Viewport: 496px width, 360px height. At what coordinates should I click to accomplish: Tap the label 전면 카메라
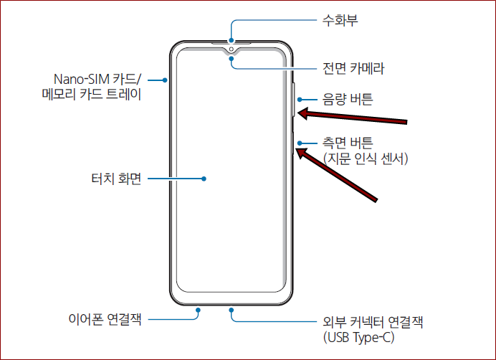click(354, 69)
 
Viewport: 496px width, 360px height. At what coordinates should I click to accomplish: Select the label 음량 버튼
click(348, 100)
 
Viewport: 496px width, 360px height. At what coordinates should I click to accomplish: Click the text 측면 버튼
click(348, 143)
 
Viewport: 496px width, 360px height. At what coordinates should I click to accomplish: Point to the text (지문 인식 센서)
click(365, 158)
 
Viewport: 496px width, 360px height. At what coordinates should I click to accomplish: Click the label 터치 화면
click(111, 179)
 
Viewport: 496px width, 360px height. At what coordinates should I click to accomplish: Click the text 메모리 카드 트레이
click(90, 95)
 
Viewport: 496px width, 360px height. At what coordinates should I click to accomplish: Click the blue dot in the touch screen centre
click(204, 179)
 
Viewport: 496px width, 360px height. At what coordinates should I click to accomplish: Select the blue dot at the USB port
click(232, 311)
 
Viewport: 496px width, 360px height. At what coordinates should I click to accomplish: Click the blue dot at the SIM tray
click(165, 79)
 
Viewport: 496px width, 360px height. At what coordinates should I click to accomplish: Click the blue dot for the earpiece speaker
click(232, 39)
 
